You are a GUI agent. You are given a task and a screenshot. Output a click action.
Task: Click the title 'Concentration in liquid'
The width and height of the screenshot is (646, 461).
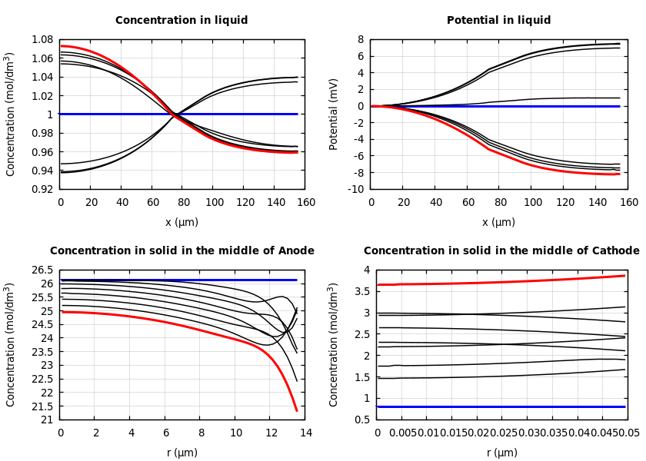[x=181, y=21]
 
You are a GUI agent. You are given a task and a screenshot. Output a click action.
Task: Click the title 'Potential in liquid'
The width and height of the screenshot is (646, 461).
[x=498, y=21]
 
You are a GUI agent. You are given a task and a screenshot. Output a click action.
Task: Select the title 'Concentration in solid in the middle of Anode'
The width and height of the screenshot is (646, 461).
[x=182, y=251]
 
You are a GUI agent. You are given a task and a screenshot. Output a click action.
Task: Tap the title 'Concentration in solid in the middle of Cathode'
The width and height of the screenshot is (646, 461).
[x=501, y=251]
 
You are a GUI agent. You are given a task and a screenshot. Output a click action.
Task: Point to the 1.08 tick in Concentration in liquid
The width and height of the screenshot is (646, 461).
[x=42, y=39]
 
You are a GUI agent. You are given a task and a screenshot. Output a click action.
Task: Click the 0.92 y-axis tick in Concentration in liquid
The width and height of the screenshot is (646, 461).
[x=42, y=189]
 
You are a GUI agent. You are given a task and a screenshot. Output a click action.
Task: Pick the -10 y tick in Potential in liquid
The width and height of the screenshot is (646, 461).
[x=355, y=189]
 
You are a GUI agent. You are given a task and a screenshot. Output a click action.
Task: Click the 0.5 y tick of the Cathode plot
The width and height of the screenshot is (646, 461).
[x=362, y=420]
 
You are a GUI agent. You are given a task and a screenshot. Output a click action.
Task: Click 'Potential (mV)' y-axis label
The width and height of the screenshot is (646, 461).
[x=334, y=114]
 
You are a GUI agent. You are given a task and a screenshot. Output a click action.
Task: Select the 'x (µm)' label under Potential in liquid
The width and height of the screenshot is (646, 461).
[x=498, y=222]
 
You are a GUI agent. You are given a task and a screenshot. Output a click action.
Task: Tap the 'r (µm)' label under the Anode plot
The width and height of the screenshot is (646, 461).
[x=181, y=453]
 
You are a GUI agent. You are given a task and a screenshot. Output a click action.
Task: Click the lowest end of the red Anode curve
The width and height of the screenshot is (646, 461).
[x=297, y=410]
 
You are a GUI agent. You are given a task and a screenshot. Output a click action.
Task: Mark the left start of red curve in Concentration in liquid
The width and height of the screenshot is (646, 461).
[x=62, y=45]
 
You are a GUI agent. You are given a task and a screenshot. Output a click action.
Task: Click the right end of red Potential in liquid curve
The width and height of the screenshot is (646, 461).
[x=618, y=174]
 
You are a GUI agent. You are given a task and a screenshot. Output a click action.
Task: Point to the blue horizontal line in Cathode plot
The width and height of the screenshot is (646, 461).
[x=500, y=406]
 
